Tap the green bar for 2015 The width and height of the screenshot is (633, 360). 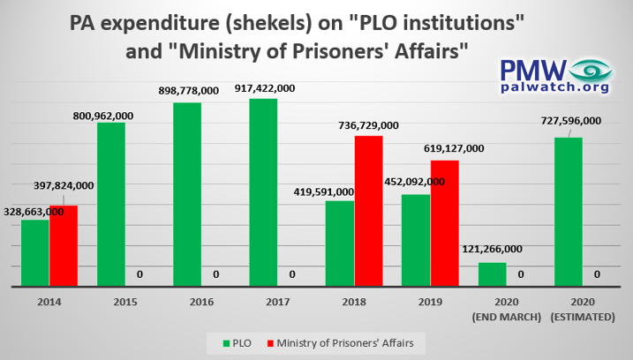pos(111,204)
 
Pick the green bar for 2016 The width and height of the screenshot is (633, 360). pos(187,194)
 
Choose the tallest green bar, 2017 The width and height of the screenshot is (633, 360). pos(263,192)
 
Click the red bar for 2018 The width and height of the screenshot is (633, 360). pos(368,211)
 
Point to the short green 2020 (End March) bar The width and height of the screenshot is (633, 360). pos(493,274)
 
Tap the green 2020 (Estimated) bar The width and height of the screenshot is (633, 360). pos(569,212)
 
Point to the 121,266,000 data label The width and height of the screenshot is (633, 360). pos(493,250)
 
